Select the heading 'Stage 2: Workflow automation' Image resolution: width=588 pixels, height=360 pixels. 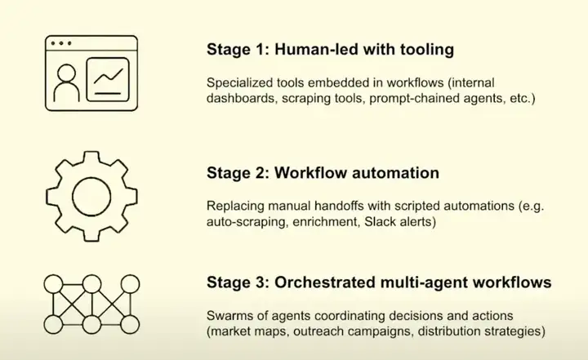(x=323, y=173)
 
